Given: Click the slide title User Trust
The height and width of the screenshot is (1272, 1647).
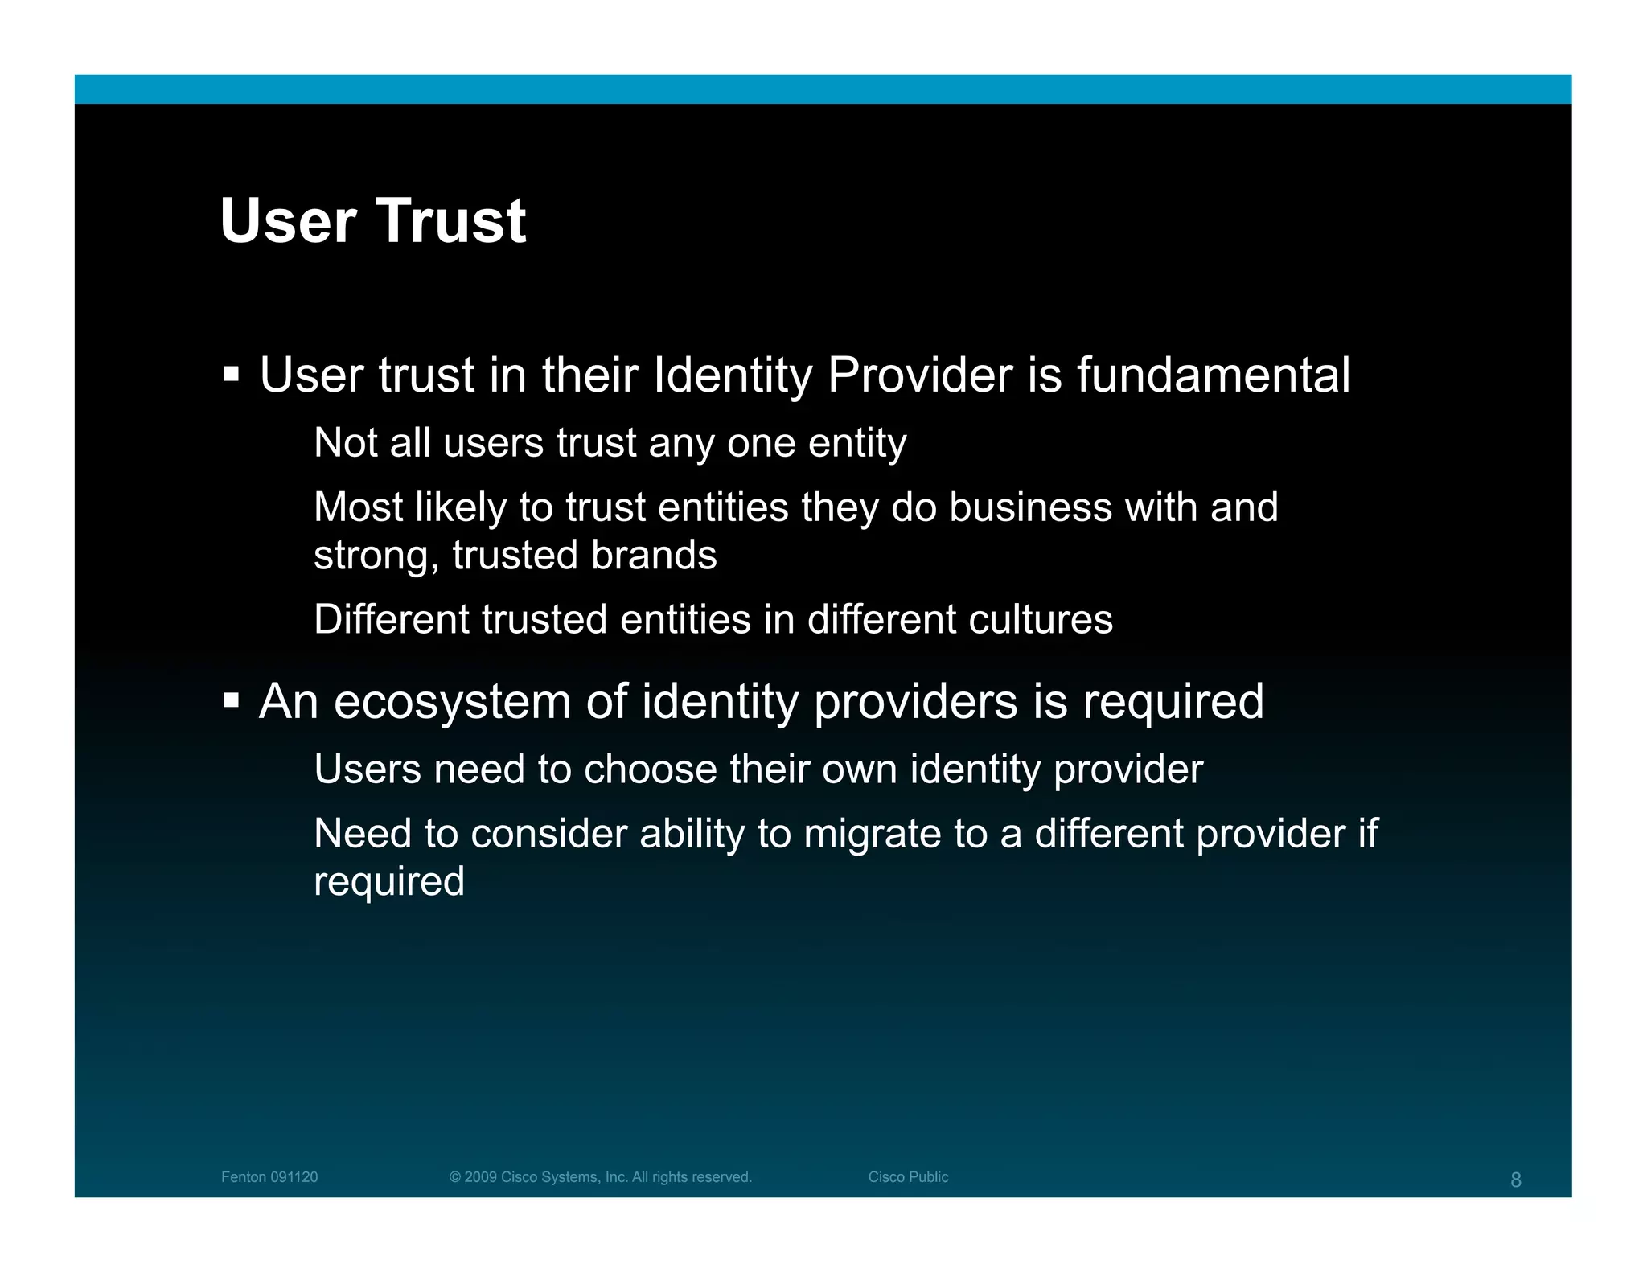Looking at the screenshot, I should point(372,221).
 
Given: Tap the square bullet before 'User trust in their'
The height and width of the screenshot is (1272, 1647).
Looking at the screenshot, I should point(232,374).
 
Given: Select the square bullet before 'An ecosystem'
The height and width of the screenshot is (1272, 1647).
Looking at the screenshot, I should point(232,700).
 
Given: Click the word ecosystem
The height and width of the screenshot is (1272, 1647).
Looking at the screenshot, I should point(452,702).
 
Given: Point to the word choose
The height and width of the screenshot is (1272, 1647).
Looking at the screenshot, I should point(650,769).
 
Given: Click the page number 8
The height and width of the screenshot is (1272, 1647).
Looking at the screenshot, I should point(1515,1180).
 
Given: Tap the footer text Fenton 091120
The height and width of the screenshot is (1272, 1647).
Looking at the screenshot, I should point(269,1177).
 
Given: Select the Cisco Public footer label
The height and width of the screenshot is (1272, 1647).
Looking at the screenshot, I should point(908,1177).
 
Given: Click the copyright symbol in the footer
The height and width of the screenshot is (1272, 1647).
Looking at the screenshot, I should point(454,1177).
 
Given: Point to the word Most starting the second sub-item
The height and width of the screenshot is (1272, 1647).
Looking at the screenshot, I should point(359,507).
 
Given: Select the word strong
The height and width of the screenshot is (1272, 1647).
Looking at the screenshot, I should point(375,556).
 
